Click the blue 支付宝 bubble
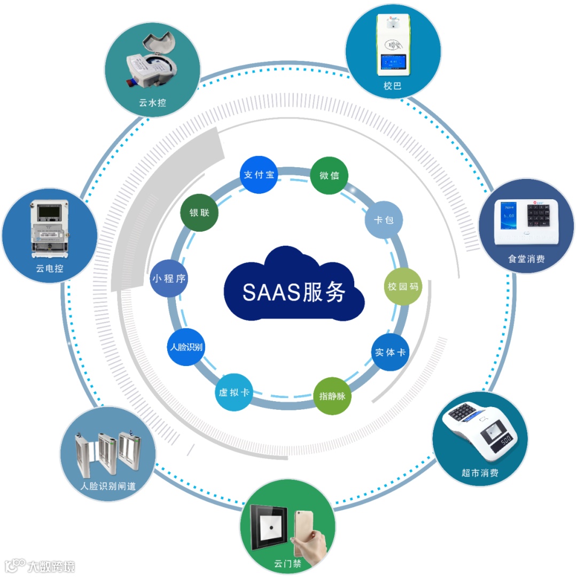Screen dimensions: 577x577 tap(259, 175)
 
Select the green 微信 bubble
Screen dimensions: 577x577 tap(329, 175)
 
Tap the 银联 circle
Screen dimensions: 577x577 tap(199, 212)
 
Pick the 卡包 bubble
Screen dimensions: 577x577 tap(384, 220)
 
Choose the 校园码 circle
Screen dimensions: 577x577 tap(403, 286)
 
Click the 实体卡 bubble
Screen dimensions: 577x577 tap(390, 352)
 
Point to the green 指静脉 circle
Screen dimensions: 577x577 tap(332, 396)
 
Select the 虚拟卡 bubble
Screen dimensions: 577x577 tap(234, 392)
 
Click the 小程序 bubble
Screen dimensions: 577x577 tap(169, 278)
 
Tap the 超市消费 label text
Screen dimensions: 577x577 tap(480, 473)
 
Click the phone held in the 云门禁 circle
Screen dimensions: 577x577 tap(305, 529)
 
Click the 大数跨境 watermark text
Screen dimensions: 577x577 tap(51, 566)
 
